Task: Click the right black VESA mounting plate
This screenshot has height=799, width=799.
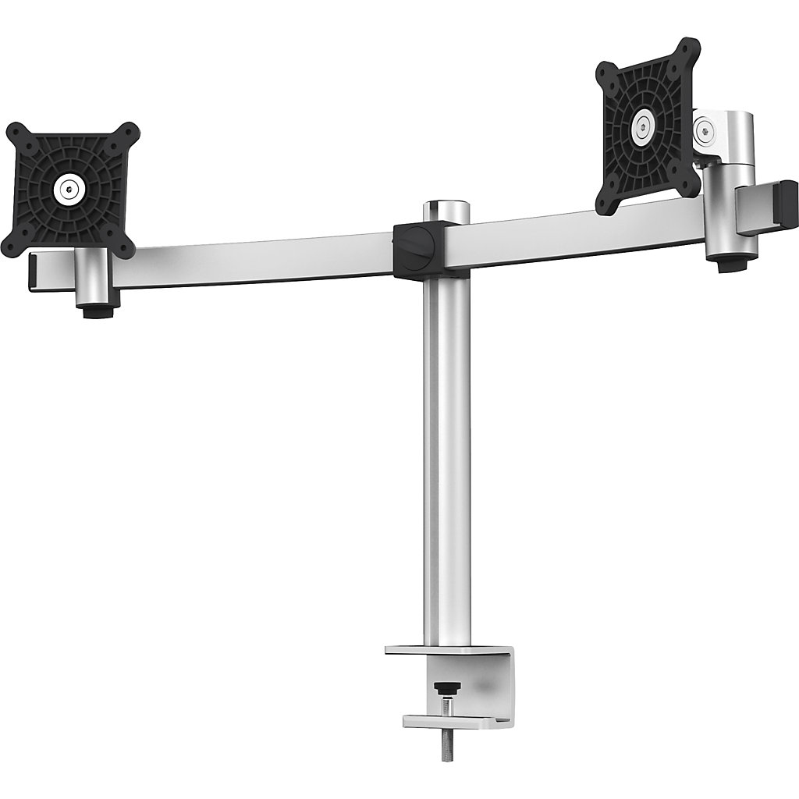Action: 648,125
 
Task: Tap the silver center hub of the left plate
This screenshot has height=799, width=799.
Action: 70,187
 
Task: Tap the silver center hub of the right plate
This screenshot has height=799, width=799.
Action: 643,123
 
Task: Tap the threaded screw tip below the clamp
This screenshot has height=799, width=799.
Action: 446,745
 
